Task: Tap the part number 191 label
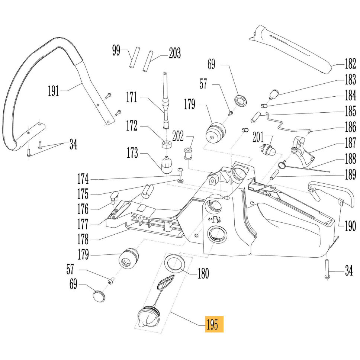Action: point(54,90)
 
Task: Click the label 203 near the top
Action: point(174,53)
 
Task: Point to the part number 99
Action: point(116,50)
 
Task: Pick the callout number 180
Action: point(203,274)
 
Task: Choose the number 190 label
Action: point(350,225)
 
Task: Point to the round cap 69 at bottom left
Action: point(98,296)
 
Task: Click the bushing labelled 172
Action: point(165,144)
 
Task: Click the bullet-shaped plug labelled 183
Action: point(274,94)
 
